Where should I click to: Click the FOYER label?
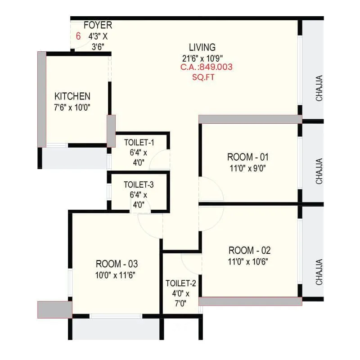click(x=98, y=25)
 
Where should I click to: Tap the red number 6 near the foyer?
click(x=78, y=36)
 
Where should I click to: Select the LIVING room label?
click(x=202, y=47)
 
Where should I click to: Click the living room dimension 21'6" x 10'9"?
click(x=202, y=58)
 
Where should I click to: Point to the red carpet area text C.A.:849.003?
click(x=206, y=67)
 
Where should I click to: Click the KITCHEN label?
click(x=72, y=96)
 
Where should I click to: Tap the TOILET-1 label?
click(x=139, y=143)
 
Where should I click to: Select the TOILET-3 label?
click(x=139, y=184)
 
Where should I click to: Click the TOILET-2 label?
click(x=180, y=283)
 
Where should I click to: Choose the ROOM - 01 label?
click(x=247, y=157)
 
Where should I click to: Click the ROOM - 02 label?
click(x=249, y=251)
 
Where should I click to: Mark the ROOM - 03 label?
click(x=117, y=264)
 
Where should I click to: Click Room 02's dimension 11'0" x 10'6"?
click(x=249, y=261)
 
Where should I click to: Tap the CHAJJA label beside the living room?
click(x=319, y=88)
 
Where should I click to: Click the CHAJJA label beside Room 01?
click(x=319, y=171)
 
